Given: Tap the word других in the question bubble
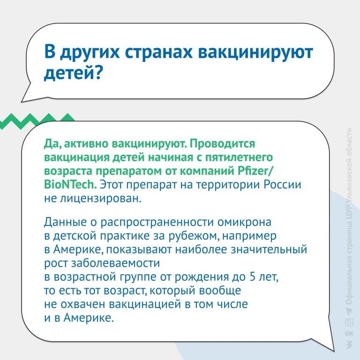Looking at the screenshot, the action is point(90,52).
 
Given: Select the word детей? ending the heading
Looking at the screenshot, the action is point(73,73).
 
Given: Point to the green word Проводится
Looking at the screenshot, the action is point(222,144).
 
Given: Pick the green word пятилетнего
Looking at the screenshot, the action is point(239,157).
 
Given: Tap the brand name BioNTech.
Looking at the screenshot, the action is point(70,185).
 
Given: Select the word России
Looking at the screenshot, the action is point(282,185).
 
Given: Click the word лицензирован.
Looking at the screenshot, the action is point(101,199).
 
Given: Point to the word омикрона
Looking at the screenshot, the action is point(244,222).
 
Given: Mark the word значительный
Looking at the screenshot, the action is point(269,249).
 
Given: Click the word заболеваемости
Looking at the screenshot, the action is point(115,263).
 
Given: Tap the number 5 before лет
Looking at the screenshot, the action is point(253,277).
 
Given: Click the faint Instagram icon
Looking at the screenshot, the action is point(349,322).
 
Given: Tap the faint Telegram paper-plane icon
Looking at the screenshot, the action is point(349,312).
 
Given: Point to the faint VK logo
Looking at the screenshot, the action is point(349,345).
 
